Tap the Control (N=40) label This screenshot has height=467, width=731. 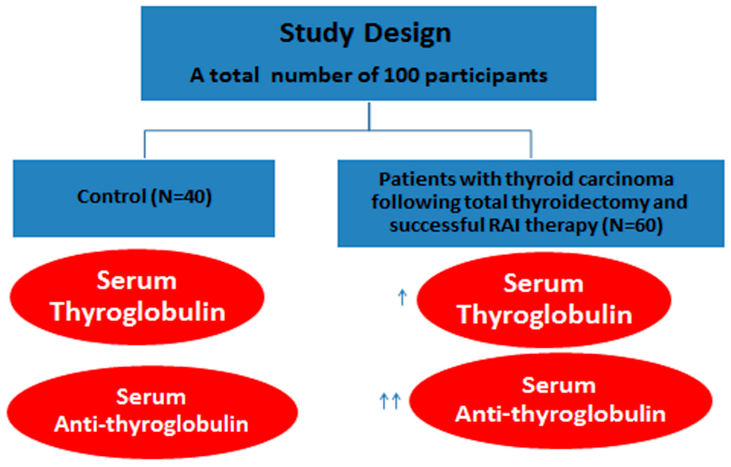(x=144, y=197)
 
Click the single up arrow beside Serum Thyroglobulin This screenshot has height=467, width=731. (x=402, y=298)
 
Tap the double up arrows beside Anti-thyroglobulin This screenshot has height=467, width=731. (x=390, y=401)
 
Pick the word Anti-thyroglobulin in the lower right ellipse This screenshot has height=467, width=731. (x=560, y=415)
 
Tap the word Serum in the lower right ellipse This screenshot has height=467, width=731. (x=559, y=386)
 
